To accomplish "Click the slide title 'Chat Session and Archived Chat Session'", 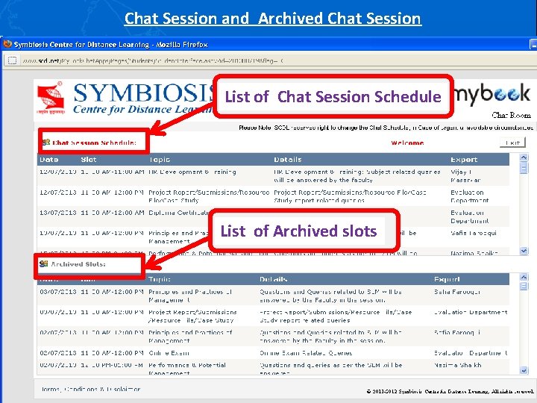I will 272,18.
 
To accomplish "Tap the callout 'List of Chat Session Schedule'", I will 333,96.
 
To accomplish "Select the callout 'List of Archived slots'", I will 298,231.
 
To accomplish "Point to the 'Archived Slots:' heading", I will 78,264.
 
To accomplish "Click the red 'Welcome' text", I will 406,143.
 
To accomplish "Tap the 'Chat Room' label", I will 511,116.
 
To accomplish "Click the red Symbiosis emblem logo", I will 53,99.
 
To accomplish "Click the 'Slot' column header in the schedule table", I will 89,160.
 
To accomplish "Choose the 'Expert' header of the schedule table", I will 464,160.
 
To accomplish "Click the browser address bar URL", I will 142,60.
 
